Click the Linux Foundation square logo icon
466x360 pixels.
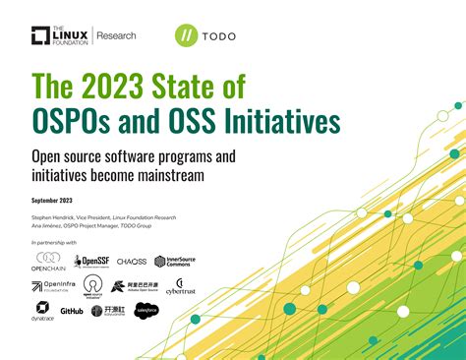40,35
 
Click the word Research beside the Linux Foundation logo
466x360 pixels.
116,35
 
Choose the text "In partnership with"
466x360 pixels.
54,241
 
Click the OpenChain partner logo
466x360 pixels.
47,261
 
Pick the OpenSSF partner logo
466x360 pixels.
90,262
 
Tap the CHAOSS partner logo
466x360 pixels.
131,262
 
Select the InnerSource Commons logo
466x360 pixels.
174,262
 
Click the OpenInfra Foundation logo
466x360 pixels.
50,286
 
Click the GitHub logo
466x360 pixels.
72,311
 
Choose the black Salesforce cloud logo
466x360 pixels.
146,311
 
